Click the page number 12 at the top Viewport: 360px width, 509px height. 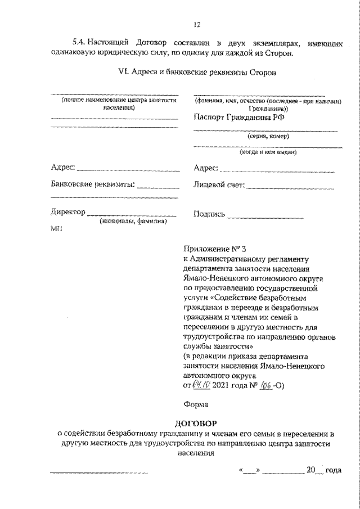tap(196, 24)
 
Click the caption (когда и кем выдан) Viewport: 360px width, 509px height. tap(267, 152)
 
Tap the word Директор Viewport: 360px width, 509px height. tap(67, 213)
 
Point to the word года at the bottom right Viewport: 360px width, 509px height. tap(334, 469)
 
